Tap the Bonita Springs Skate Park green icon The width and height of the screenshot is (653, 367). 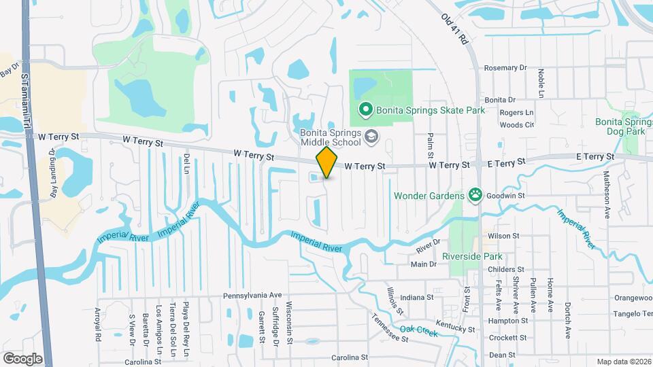pyautogui.click(x=365, y=109)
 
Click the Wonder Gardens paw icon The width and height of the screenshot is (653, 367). pyautogui.click(x=475, y=196)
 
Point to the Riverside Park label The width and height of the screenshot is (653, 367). pyautogui.click(x=471, y=257)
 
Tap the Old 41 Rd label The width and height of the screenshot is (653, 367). pyautogui.click(x=456, y=29)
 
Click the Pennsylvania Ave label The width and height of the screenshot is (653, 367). pyautogui.click(x=252, y=296)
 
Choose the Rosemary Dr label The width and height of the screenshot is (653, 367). pyautogui.click(x=505, y=68)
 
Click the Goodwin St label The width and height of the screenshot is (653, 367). pyautogui.click(x=507, y=195)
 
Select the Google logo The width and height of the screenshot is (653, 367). pyautogui.click(x=22, y=358)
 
